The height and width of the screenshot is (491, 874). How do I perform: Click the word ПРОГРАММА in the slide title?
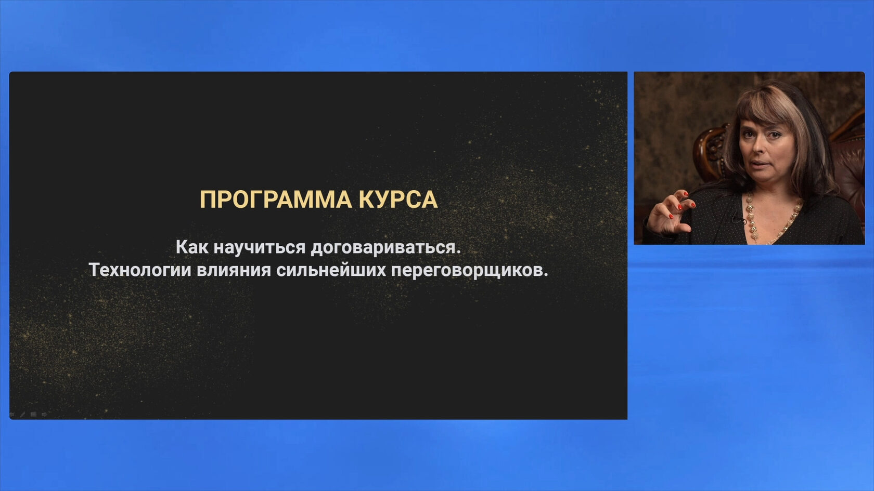276,200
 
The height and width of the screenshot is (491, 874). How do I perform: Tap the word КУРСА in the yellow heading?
399,200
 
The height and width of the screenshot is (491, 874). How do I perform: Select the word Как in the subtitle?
192,247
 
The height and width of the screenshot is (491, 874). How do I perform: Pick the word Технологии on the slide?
140,270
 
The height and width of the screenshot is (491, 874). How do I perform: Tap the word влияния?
234,270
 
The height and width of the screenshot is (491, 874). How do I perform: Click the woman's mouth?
760,164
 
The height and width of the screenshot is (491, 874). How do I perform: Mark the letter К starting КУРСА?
366,200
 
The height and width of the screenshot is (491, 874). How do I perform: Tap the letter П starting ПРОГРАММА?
207,200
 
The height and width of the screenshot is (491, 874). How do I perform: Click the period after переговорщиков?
545,275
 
